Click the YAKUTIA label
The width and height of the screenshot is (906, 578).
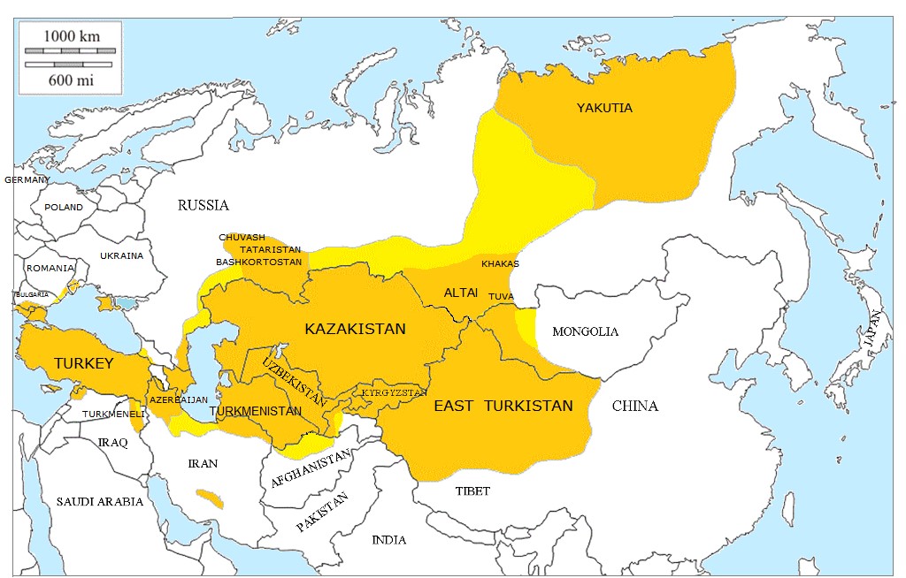point(604,108)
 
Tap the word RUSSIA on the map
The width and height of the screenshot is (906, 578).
point(203,205)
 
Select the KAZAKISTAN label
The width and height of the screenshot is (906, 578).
point(355,329)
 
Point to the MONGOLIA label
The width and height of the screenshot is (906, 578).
point(585,332)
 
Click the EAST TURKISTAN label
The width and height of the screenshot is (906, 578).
point(503,407)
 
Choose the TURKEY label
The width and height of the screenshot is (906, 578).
point(83,363)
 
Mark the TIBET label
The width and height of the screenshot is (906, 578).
point(472,491)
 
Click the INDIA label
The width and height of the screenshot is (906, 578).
point(389,540)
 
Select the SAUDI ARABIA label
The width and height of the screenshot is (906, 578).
point(100,502)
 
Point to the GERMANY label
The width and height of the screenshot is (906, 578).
point(27,179)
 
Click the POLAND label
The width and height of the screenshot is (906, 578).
point(64,208)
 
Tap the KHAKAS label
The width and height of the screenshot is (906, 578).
point(500,264)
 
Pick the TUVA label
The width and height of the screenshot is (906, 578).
point(501,296)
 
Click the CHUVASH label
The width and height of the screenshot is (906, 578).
point(242,238)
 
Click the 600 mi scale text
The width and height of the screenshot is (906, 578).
point(70,80)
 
